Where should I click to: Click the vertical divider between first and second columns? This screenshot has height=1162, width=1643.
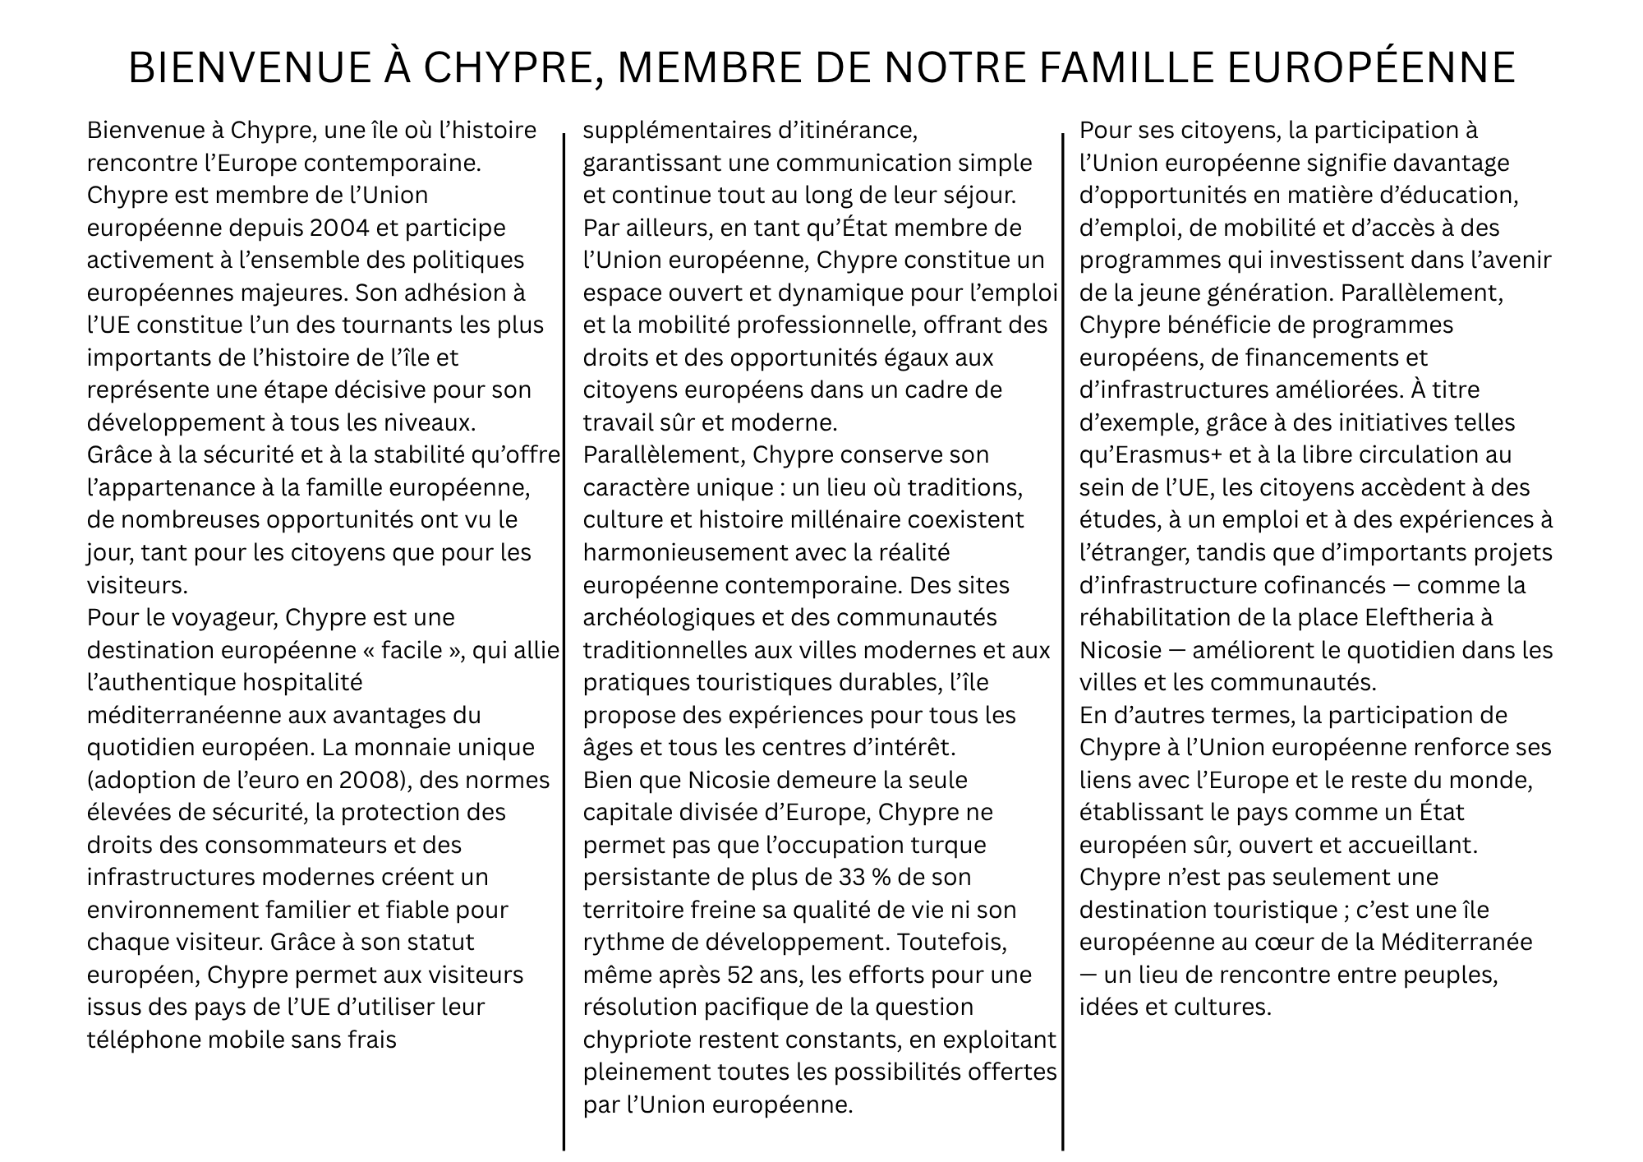[x=564, y=641]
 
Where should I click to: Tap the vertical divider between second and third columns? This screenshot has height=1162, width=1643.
[x=1063, y=641]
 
